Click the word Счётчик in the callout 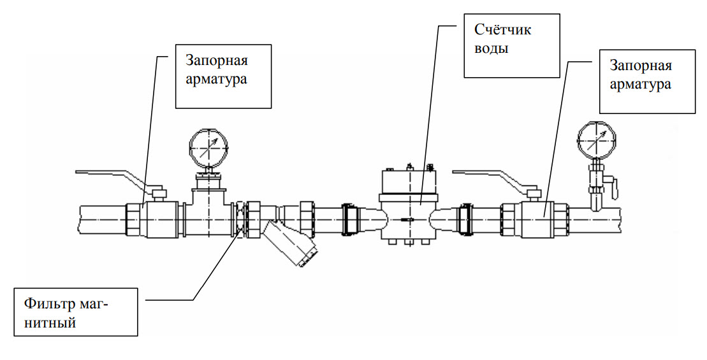503,30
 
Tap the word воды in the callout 491,48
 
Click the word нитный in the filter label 50,322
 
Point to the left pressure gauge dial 208,147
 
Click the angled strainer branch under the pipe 290,244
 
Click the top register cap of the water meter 409,181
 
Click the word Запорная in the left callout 217,61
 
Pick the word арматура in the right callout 640,84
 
